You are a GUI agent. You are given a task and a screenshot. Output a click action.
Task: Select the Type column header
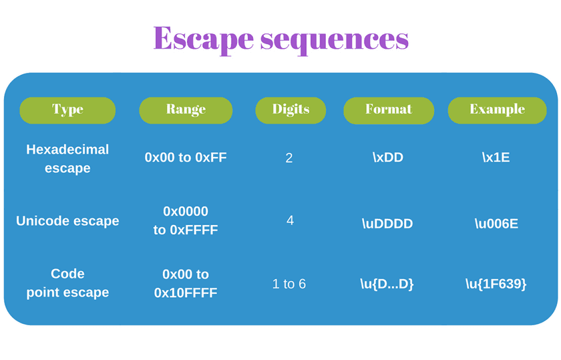click(x=67, y=110)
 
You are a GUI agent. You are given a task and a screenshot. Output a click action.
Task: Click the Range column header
click(x=186, y=110)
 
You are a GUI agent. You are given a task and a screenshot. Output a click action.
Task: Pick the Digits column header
click(x=291, y=110)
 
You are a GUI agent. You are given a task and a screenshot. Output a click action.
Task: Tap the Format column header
click(x=389, y=110)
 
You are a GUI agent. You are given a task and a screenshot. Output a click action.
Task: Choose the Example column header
click(x=497, y=110)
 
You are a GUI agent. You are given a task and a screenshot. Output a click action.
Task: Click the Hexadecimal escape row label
click(x=67, y=158)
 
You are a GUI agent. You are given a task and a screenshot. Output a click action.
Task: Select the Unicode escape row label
click(x=67, y=220)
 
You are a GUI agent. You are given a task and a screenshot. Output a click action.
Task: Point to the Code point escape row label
click(x=67, y=283)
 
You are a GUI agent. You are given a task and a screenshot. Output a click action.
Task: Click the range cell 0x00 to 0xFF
click(x=186, y=158)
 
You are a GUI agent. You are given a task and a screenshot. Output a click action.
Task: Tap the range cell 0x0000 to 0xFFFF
click(x=186, y=220)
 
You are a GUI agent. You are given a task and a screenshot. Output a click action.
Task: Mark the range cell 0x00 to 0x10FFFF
click(x=186, y=283)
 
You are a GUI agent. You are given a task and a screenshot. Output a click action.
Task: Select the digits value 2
click(x=289, y=158)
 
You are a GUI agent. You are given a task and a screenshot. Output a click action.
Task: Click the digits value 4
click(x=290, y=220)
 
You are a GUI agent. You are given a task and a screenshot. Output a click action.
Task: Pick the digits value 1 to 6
click(x=289, y=284)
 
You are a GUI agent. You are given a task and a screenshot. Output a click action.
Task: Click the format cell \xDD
click(x=388, y=158)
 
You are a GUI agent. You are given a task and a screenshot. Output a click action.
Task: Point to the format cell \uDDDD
click(x=387, y=224)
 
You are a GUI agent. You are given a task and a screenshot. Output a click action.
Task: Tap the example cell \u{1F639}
click(x=496, y=284)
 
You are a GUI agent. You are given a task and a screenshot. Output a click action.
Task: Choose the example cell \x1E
click(x=496, y=158)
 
